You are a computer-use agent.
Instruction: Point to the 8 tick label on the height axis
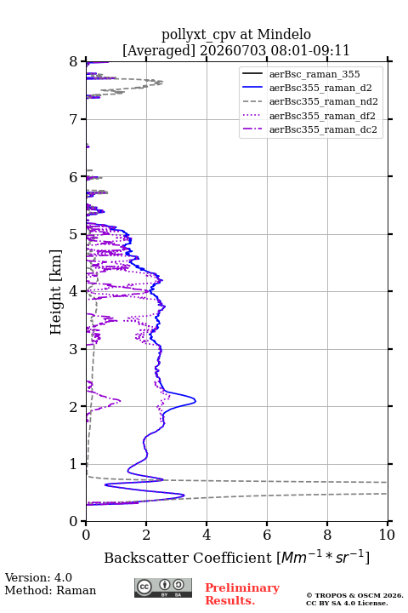click(74, 62)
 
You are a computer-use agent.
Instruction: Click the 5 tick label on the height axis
click(74, 235)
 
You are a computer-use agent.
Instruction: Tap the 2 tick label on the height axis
click(74, 407)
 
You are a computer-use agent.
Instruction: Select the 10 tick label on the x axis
click(387, 535)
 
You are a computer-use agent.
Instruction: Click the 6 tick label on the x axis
click(267, 535)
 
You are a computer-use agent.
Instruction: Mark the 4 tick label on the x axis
click(207, 535)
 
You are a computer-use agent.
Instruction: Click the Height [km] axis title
click(56, 292)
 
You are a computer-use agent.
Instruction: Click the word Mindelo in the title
click(284, 35)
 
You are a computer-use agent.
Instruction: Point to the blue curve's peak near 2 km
click(195, 401)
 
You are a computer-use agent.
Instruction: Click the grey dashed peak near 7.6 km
click(162, 82)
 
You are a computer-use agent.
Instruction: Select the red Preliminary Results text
click(242, 594)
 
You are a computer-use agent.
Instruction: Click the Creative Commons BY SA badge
click(163, 588)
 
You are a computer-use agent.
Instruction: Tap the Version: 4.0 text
click(38, 577)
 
